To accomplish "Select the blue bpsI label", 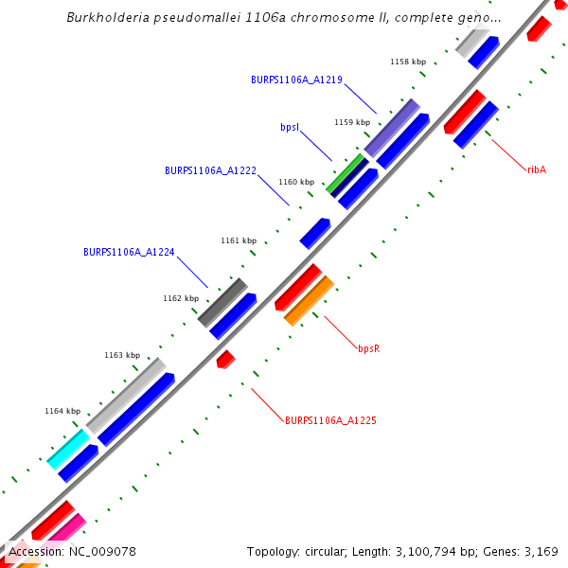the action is [x=291, y=126].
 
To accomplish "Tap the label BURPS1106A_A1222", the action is [x=210, y=170].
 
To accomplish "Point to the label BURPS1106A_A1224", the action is [x=129, y=252].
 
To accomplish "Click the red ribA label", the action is [x=537, y=169].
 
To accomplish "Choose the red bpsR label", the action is [x=368, y=348].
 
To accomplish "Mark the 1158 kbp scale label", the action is [x=408, y=62].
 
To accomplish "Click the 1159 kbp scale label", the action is [x=352, y=122].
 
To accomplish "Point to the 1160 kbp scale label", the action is [x=296, y=182].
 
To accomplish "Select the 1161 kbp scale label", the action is [x=239, y=240].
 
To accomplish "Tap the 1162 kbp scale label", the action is [x=181, y=298].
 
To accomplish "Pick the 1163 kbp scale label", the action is [x=122, y=355].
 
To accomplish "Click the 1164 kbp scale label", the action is [x=62, y=411].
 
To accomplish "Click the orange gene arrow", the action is [x=310, y=300].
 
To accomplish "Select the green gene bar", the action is [x=346, y=175].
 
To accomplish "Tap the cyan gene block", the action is [x=68, y=448].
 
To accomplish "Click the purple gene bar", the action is [x=392, y=128].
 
